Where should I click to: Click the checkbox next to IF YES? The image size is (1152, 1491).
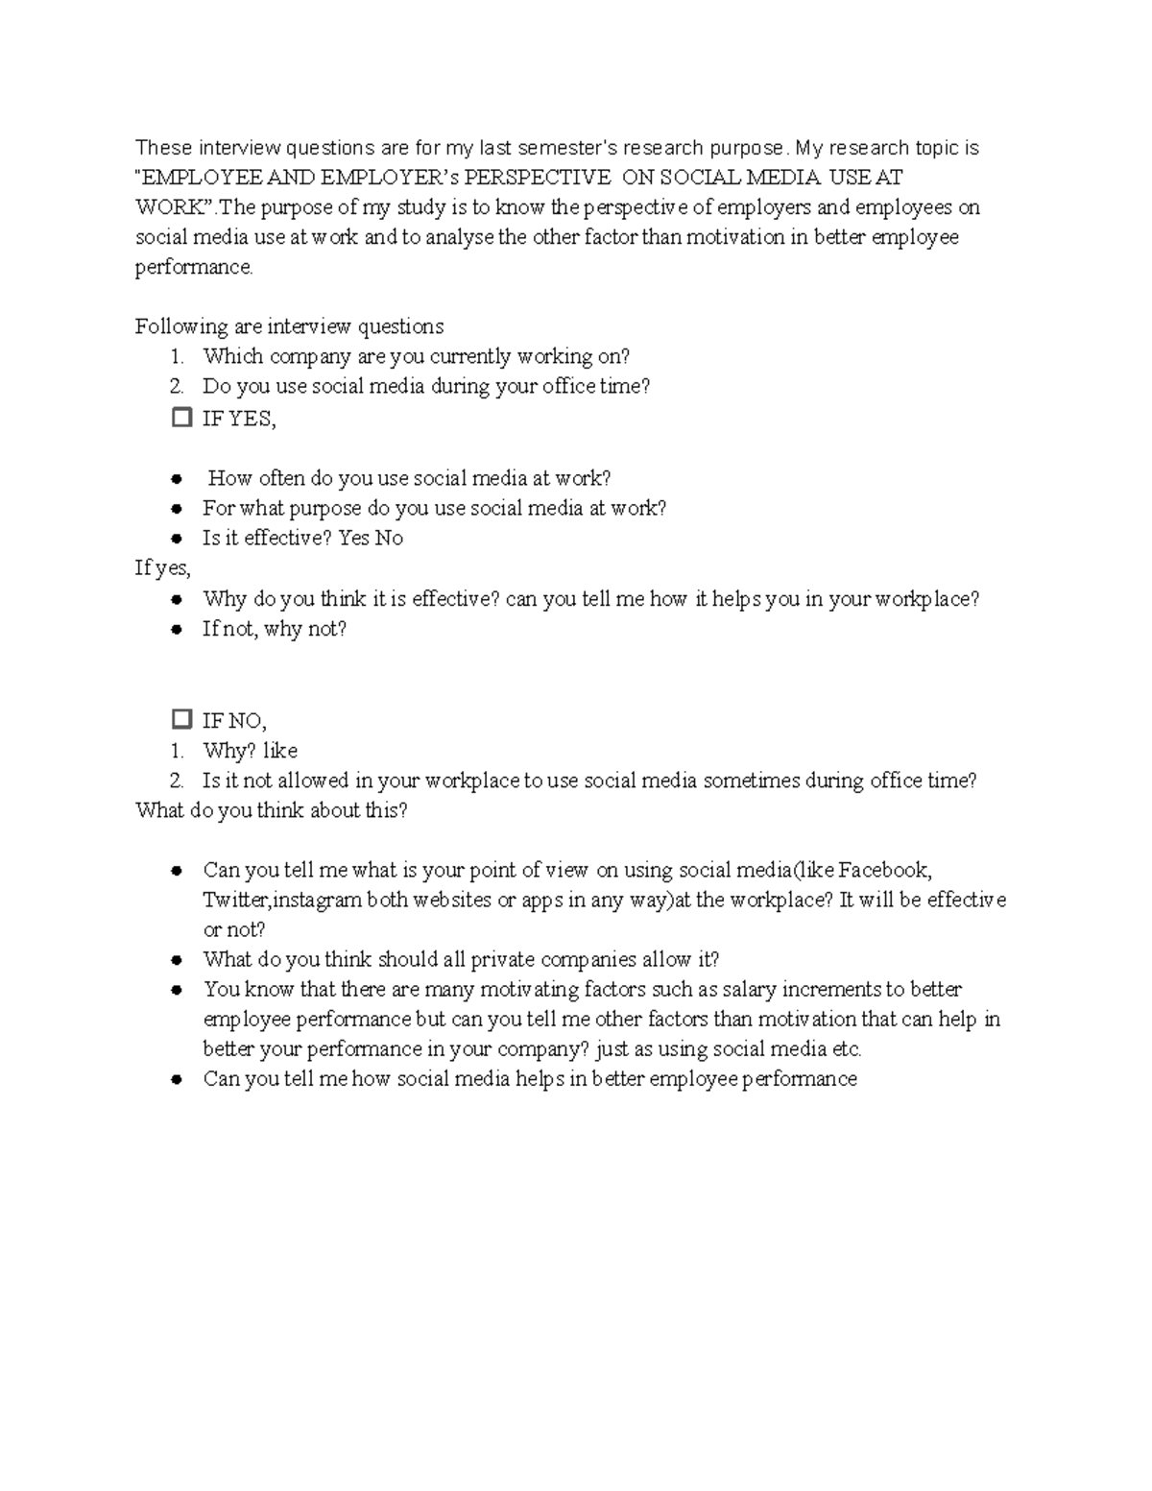[x=181, y=418]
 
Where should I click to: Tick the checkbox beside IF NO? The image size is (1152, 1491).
[x=181, y=719]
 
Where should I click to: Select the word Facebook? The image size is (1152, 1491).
[x=883, y=870]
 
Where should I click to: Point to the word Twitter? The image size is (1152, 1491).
[x=235, y=900]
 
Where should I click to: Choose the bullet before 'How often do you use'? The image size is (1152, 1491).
[x=177, y=478]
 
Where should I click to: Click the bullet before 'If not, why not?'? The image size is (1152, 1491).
[x=177, y=629]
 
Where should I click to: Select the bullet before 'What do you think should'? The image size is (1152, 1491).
[x=177, y=959]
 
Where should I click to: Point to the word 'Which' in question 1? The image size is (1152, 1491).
[x=232, y=356]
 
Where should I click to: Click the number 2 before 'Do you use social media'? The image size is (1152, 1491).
[x=176, y=386]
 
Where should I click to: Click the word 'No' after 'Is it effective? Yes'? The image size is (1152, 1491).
[x=389, y=538]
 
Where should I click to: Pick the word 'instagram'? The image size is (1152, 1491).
[x=318, y=900]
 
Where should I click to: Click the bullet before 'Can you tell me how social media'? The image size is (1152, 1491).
[x=177, y=1079]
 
